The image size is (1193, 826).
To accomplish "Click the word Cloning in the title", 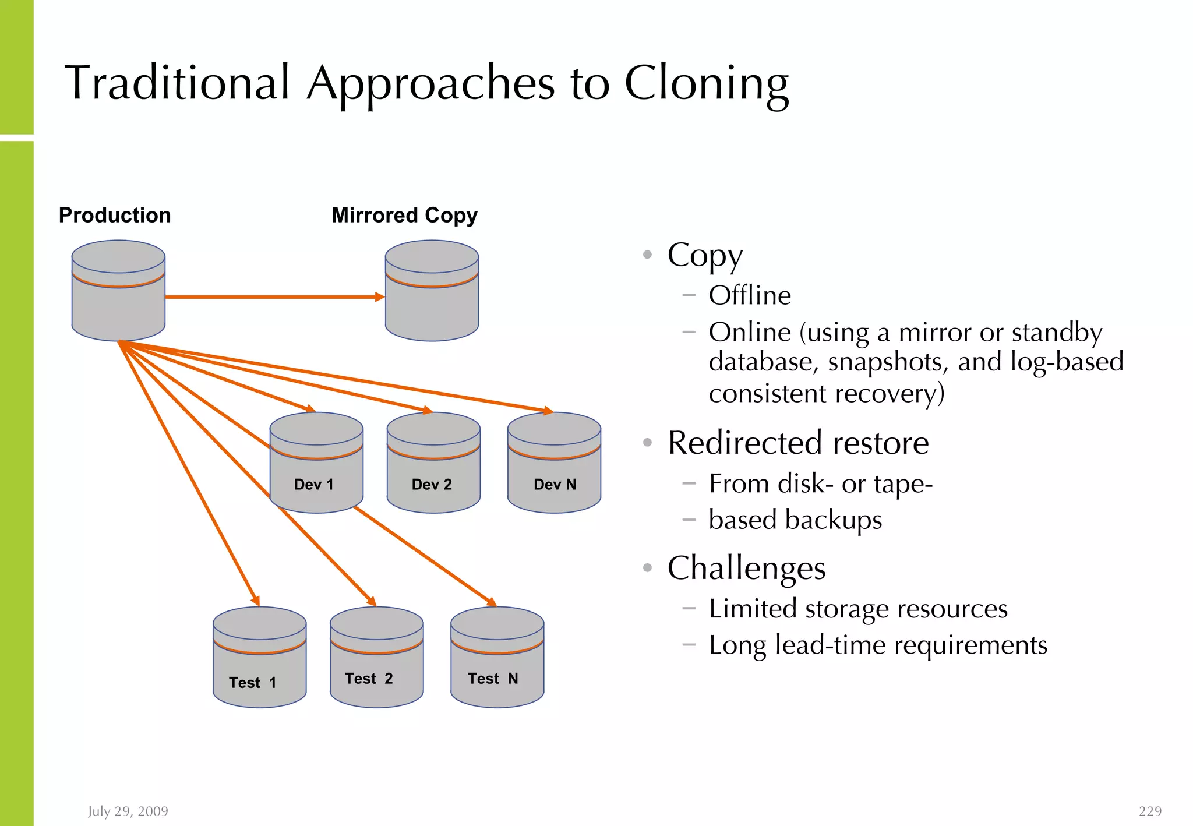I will pos(706,84).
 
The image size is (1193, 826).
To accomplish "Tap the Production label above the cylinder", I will pos(115,216).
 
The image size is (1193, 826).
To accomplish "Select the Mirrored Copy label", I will pos(404,216).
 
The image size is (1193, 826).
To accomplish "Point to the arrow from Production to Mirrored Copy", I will pos(274,297).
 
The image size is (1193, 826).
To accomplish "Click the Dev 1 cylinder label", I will pos(314,485).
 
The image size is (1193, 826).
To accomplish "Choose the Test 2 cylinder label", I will pos(369,679).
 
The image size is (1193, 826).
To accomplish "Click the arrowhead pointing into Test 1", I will pos(256,601).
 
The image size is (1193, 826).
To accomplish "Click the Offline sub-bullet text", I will pos(750,295).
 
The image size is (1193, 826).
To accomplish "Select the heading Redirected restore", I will pos(798,443).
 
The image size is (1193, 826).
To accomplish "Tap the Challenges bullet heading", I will pos(746,568).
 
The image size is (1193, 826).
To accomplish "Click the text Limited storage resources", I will pos(858,609).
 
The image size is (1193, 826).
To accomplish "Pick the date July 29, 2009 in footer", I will pos(128,811).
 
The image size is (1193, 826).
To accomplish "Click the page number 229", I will pos(1150,811).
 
